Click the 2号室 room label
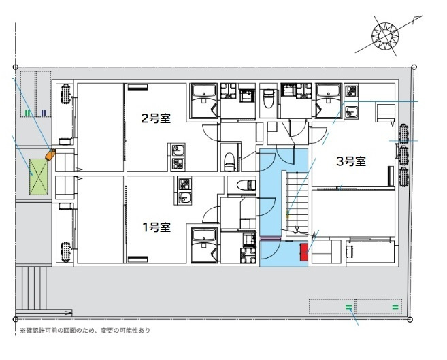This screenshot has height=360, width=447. [x=156, y=118]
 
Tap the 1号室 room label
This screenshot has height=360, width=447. [x=156, y=227]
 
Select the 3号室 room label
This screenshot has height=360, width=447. [x=351, y=161]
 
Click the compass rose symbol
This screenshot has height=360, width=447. [x=385, y=36]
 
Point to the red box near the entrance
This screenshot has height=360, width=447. [x=304, y=252]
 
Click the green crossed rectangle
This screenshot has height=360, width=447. [x=39, y=177]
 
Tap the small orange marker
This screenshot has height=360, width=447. [x=50, y=154]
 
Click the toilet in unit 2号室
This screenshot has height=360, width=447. [x=229, y=162]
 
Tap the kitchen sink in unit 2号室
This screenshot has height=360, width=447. [x=178, y=150]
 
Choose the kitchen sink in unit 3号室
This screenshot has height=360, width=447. [x=352, y=111]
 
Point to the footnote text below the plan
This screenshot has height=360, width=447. [x=84, y=331]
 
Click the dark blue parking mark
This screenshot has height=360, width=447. [x=44, y=113]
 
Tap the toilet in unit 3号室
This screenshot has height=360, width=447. [x=268, y=99]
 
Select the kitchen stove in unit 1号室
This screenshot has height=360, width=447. [x=184, y=184]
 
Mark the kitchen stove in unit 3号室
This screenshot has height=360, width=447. [x=352, y=91]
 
